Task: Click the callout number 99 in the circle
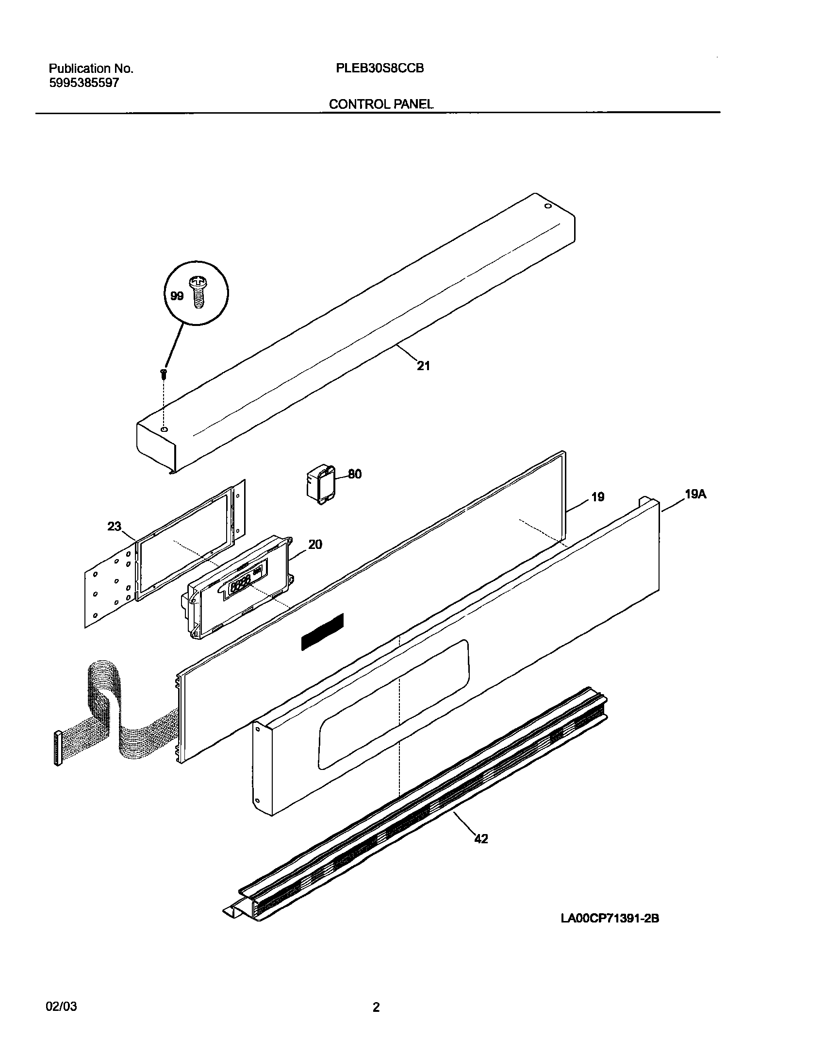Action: (x=177, y=296)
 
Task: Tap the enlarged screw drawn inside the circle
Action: (x=198, y=291)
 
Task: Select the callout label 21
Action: (x=423, y=366)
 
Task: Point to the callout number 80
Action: (x=355, y=474)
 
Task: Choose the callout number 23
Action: (x=115, y=527)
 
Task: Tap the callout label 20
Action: (x=315, y=545)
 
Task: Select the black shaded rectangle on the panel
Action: (x=322, y=631)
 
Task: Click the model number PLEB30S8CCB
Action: (x=379, y=68)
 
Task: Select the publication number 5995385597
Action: (x=84, y=83)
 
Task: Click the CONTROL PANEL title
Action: (x=381, y=104)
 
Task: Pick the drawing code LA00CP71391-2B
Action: (x=610, y=919)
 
